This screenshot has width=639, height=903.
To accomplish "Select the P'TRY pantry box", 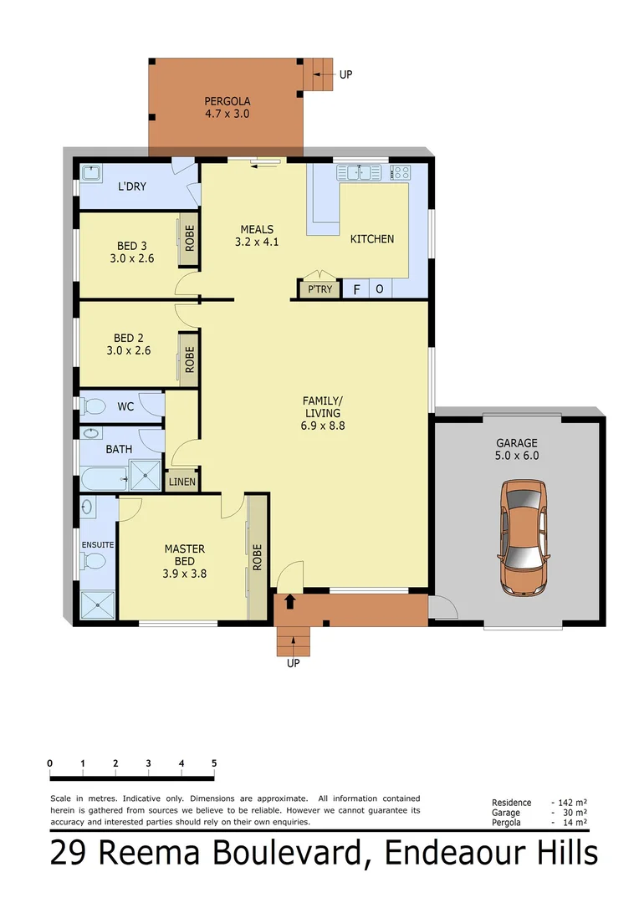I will [x=319, y=289].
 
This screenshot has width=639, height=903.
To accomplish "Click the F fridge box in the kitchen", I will [x=357, y=289].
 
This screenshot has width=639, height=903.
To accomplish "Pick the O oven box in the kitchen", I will [x=379, y=289].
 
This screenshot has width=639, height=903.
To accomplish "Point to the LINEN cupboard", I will [x=181, y=482].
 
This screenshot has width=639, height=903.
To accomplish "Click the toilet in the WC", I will [x=94, y=407].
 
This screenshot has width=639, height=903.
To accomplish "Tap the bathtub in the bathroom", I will [x=103, y=479].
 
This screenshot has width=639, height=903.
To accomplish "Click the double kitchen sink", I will [x=360, y=173].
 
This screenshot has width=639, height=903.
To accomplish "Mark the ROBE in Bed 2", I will [x=189, y=360].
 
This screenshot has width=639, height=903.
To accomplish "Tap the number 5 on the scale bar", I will [x=214, y=763].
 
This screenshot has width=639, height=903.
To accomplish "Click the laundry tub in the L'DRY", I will [x=92, y=173].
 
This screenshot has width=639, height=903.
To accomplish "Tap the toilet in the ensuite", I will [x=97, y=561].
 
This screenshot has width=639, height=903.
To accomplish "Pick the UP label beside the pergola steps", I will [x=345, y=74].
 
